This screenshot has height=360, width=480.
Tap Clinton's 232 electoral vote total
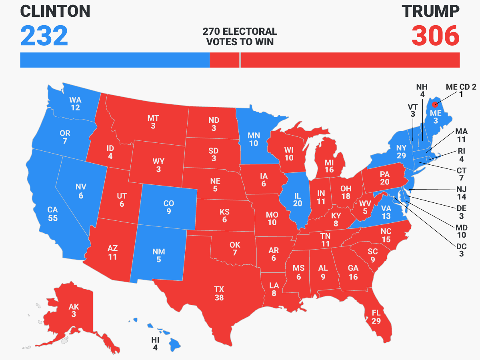pyautogui.click(x=44, y=36)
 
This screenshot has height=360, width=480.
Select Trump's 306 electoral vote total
pyautogui.click(x=436, y=36)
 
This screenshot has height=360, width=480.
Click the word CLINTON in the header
pyautogui.click(x=55, y=12)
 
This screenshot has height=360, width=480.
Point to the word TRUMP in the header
pyautogui.click(x=431, y=12)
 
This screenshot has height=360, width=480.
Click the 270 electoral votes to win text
pyautogui.click(x=240, y=36)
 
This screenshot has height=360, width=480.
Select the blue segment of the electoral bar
pyautogui.click(x=115, y=60)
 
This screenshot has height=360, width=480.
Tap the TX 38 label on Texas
pyautogui.click(x=219, y=293)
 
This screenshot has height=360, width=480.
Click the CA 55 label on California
pyautogui.click(x=52, y=214)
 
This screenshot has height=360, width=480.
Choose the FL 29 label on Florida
pyautogui.click(x=376, y=316)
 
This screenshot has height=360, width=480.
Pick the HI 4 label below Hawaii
pyautogui.click(x=155, y=344)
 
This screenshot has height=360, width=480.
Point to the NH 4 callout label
pyautogui.click(x=422, y=91)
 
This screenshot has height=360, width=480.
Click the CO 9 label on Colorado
pyautogui.click(x=169, y=207)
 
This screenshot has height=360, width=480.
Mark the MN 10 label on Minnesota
pyautogui.click(x=254, y=139)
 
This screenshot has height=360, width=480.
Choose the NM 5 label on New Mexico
pyautogui.click(x=159, y=256)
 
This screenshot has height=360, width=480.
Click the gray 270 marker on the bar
pyautogui.click(x=240, y=60)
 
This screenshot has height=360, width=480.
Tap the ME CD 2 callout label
pyautogui.click(x=461, y=91)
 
